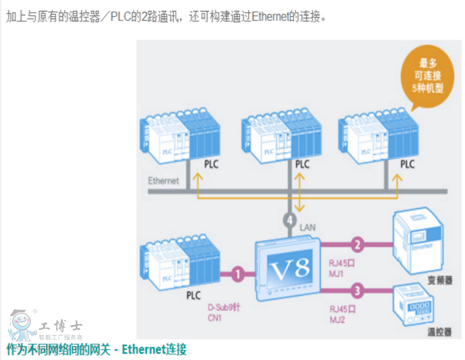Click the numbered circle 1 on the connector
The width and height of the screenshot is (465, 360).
pyautogui.click(x=237, y=274)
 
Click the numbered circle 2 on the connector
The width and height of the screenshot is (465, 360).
pyautogui.click(x=358, y=243)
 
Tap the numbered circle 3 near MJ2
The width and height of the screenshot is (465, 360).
pyautogui.click(x=358, y=291)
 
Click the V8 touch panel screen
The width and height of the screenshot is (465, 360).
pyautogui.click(x=290, y=267)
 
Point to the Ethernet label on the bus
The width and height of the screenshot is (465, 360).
pyautogui.click(x=164, y=181)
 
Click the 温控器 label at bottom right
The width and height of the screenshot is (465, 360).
pyautogui.click(x=439, y=332)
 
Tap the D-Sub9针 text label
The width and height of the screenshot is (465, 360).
pyautogui.click(x=223, y=307)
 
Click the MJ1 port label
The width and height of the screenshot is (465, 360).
pyautogui.click(x=337, y=273)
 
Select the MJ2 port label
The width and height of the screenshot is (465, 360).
pyautogui.click(x=337, y=319)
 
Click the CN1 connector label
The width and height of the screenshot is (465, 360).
pyautogui.click(x=215, y=317)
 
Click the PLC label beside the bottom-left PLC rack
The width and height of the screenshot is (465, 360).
pyautogui.click(x=194, y=296)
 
